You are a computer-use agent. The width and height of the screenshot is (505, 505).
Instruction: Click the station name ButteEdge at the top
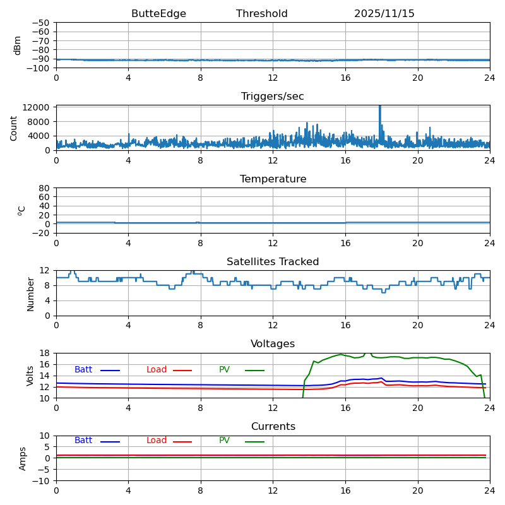tap(158, 14)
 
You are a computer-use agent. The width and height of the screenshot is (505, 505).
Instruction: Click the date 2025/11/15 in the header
tap(384, 14)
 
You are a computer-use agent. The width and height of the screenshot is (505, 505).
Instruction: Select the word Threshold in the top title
tap(261, 14)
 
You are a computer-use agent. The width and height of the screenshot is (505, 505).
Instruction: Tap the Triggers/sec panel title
tap(273, 97)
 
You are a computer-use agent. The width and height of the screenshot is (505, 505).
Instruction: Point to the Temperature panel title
tap(273, 179)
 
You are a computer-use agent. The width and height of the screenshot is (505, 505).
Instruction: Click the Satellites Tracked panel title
tap(273, 262)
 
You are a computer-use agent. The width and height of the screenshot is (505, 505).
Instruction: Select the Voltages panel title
tap(273, 344)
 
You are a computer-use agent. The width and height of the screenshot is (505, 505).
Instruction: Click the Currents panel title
tap(273, 427)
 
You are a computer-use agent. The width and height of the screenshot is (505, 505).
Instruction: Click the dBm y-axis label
tap(18, 45)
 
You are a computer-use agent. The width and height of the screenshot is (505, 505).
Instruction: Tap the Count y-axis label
tap(14, 128)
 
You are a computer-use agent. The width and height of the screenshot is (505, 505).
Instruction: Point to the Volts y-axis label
tap(30, 376)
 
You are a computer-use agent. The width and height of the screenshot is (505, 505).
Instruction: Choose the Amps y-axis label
tap(23, 458)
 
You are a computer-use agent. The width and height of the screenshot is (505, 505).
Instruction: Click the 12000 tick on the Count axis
tap(37, 107)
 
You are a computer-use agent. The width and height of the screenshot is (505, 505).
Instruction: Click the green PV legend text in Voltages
tap(225, 370)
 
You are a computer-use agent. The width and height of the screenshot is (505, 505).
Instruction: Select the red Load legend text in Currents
tap(157, 441)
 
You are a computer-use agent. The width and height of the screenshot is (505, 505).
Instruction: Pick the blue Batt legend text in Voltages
tap(83, 370)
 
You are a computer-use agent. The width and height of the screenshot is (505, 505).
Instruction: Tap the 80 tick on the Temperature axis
tap(45, 188)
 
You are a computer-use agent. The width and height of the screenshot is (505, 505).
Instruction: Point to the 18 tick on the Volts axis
tap(45, 353)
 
